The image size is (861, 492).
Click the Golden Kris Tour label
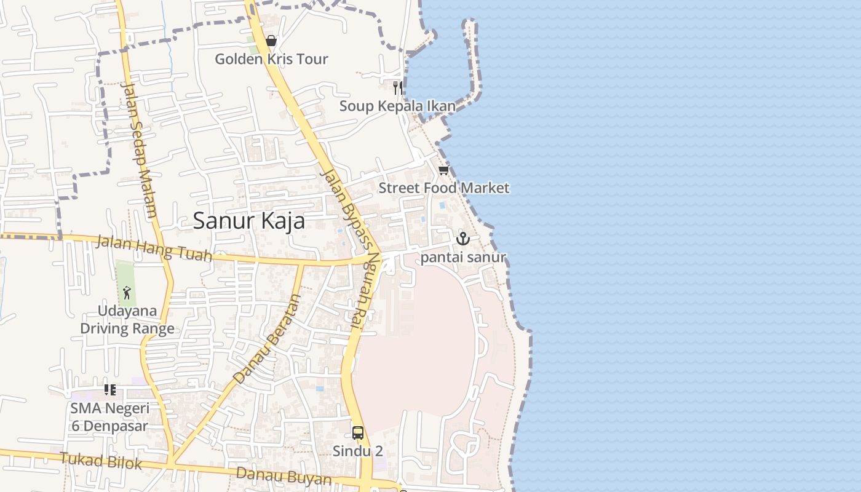click(271, 59)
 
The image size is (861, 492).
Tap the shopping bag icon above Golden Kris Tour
click(271, 41)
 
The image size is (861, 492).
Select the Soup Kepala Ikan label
click(397, 106)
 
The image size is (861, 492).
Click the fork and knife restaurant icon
click(398, 87)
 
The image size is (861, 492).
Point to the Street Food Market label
click(443, 188)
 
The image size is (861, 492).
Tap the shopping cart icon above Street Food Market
click(443, 170)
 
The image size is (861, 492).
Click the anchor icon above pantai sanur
click(462, 239)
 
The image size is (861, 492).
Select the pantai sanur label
click(462, 257)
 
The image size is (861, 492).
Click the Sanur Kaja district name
click(248, 220)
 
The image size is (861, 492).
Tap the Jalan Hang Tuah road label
click(154, 248)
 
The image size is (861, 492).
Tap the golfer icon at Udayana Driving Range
click(127, 292)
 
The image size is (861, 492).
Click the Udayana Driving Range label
click(127, 320)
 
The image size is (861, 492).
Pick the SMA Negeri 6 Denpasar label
click(109, 417)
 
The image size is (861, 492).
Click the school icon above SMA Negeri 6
click(110, 389)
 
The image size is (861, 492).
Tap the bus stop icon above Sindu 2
click(358, 433)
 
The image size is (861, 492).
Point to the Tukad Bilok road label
click(101, 460)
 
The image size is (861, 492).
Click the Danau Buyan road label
click(284, 476)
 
